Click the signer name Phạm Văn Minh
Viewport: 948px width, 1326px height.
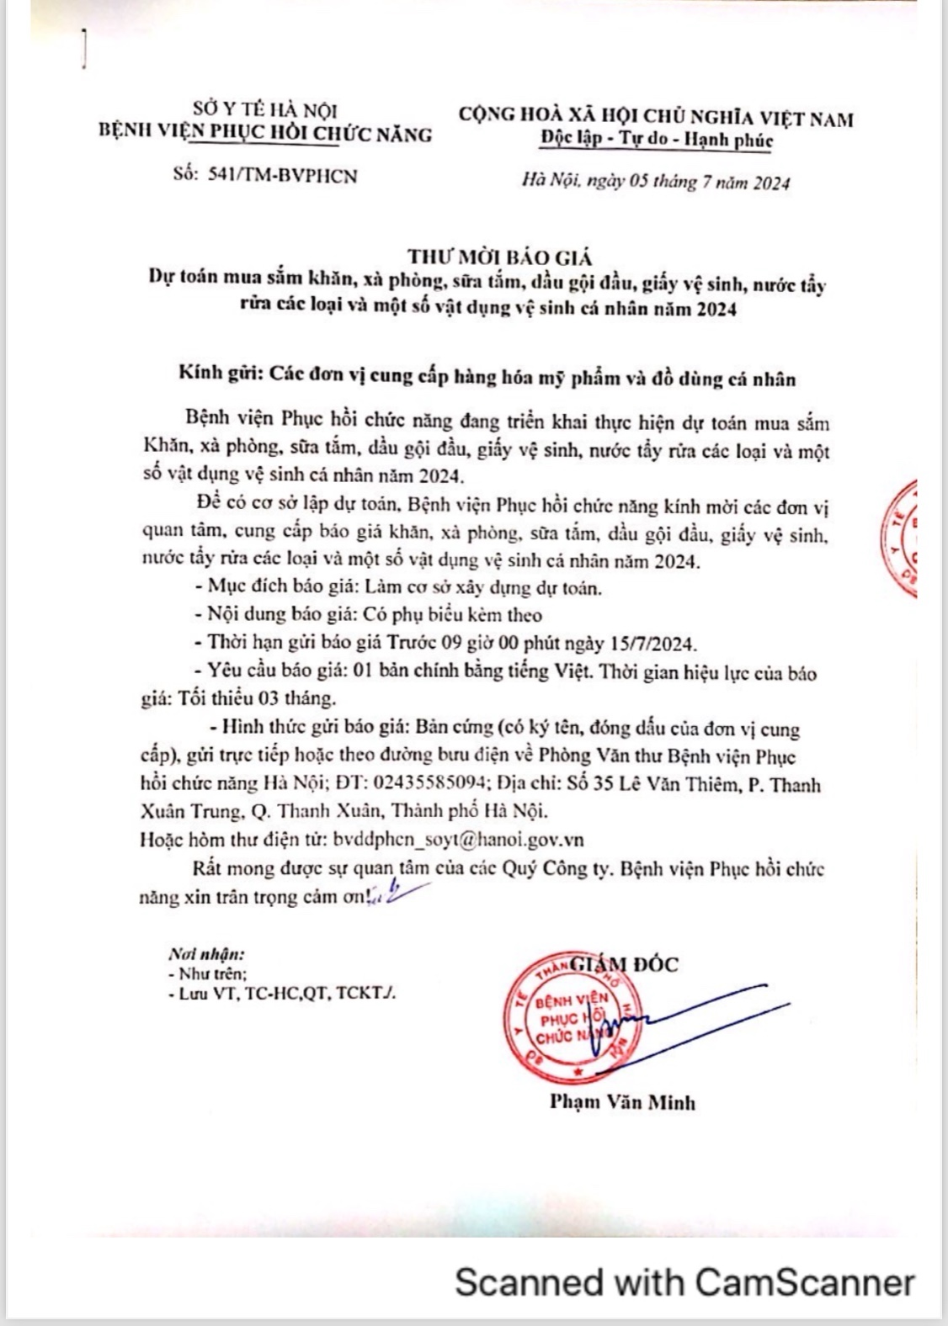[623, 1101]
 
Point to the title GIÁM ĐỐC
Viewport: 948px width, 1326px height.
[624, 964]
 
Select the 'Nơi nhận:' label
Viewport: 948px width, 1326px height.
[207, 955]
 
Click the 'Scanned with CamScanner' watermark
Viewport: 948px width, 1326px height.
[684, 1283]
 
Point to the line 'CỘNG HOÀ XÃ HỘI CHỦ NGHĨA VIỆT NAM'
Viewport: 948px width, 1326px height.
[657, 119]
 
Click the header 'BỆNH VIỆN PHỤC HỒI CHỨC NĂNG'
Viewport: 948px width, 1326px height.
[265, 133]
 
